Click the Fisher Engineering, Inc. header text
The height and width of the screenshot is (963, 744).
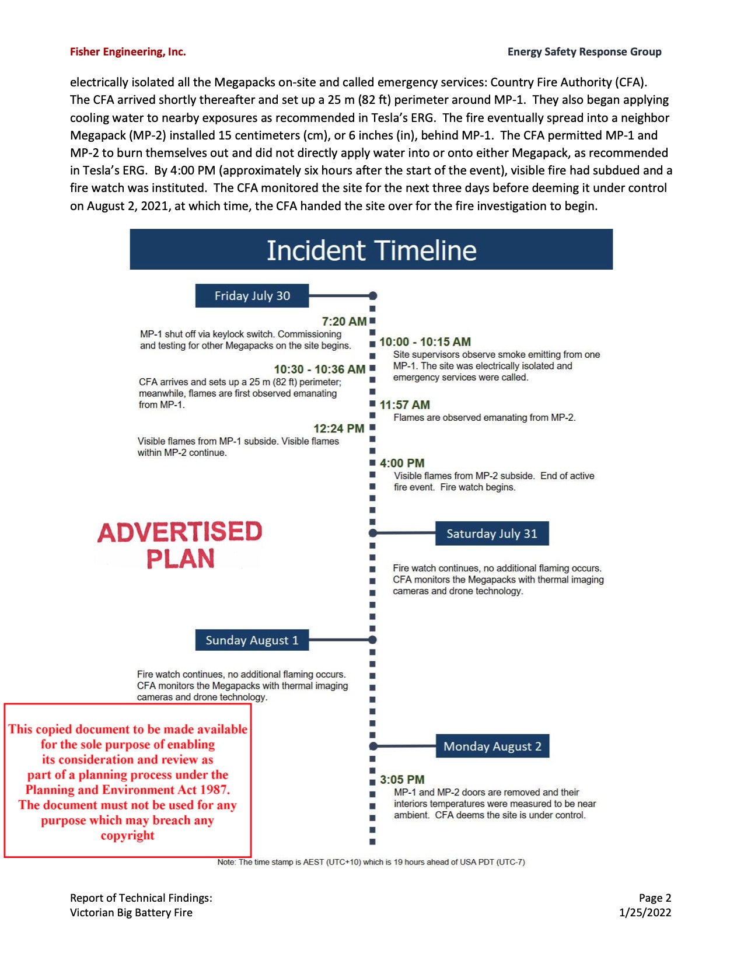(x=128, y=52)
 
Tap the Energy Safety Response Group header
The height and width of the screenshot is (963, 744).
(x=584, y=52)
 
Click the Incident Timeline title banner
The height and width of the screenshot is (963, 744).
(x=371, y=250)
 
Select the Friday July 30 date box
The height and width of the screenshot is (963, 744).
(x=252, y=296)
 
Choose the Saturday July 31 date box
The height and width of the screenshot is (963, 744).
(x=492, y=533)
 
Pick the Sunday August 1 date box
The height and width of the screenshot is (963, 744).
(x=252, y=640)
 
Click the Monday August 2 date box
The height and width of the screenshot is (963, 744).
(x=492, y=746)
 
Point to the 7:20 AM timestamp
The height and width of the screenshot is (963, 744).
(x=344, y=322)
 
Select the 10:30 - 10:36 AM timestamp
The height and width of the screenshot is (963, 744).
(x=320, y=369)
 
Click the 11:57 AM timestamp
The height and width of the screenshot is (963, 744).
(x=405, y=405)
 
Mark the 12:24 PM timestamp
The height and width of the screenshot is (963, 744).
(x=338, y=428)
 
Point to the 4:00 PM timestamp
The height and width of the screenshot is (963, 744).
(x=402, y=463)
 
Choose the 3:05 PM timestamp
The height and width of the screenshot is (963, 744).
(x=402, y=780)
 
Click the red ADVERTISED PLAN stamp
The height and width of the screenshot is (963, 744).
(x=180, y=545)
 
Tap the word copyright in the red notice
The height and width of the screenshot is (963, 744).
(x=128, y=835)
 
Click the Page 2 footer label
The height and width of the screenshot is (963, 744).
(x=655, y=898)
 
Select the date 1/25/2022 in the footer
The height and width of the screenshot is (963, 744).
(x=645, y=913)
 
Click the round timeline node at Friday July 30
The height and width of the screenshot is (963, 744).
(x=373, y=296)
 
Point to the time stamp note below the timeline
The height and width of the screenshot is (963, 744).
(x=371, y=862)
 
